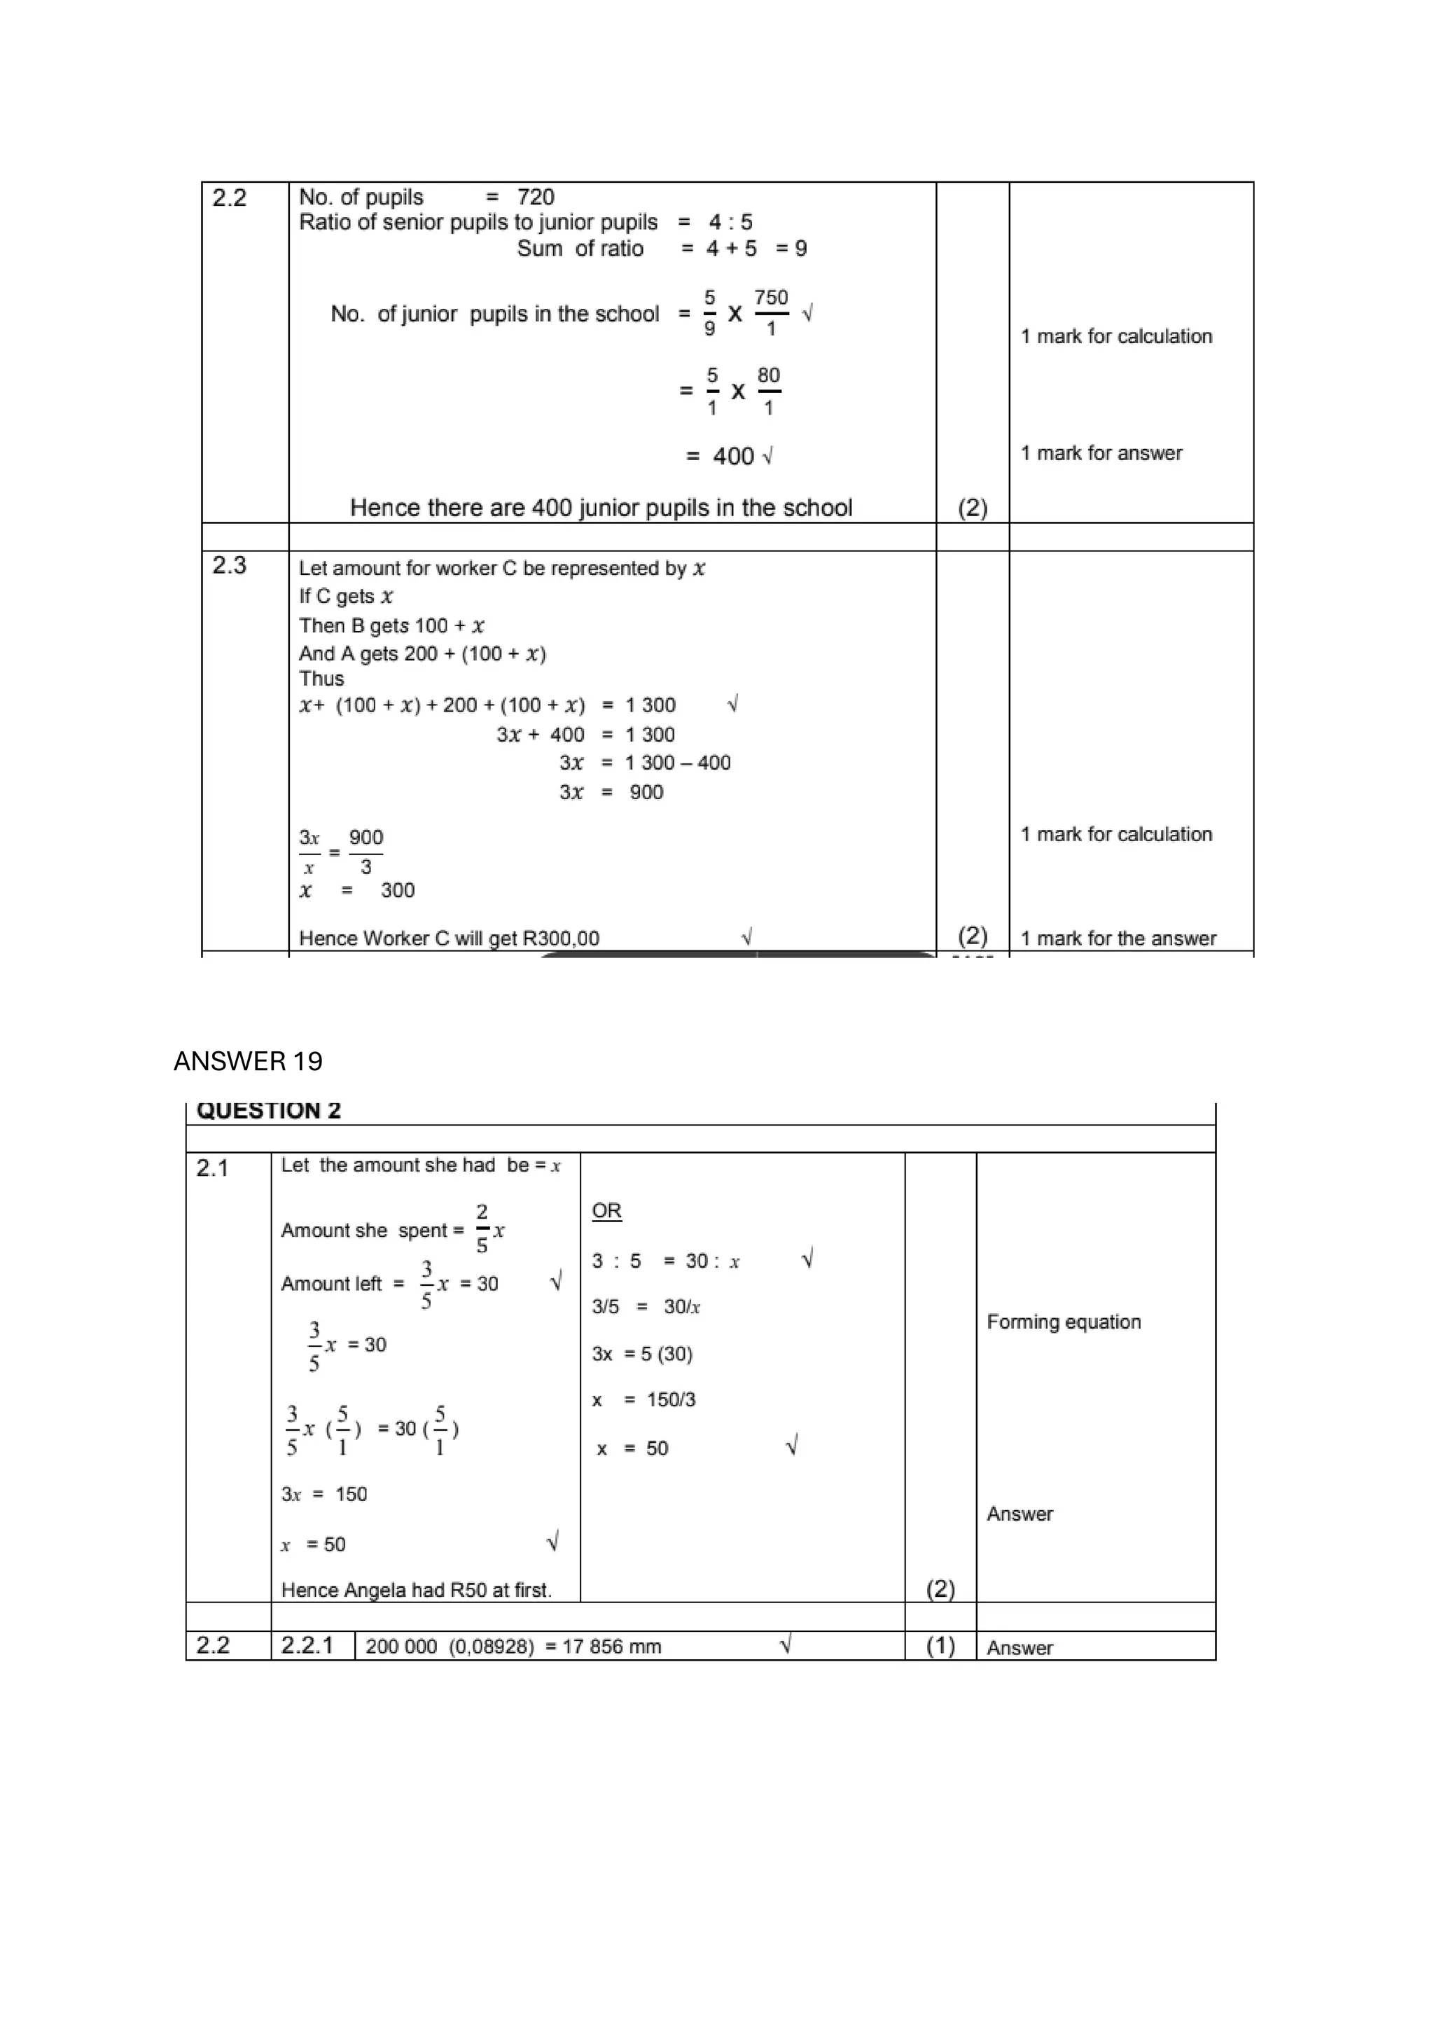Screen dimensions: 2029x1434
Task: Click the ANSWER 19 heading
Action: pos(249,1060)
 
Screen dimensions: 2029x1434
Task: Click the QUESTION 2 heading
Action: pos(269,1111)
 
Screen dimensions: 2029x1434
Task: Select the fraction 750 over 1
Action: pos(770,313)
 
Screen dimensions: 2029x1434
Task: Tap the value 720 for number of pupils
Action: pos(536,197)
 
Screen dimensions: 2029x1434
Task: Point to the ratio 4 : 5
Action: pos(730,222)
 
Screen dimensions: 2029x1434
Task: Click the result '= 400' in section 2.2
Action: pos(721,456)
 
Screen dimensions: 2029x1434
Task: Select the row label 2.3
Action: pos(230,566)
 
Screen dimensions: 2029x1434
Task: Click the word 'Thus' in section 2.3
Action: pos(321,679)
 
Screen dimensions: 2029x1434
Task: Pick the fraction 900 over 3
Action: pos(366,852)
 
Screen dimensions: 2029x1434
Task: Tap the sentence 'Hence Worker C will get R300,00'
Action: pos(449,939)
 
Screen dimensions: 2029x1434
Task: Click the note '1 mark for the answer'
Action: pos(1118,939)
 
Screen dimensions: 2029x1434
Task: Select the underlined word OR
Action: pos(606,1211)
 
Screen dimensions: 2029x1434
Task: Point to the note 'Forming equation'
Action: pos(1063,1322)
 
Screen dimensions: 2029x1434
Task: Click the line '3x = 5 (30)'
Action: pos(641,1354)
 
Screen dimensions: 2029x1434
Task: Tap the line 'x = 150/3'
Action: pos(643,1400)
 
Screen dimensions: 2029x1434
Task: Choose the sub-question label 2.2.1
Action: pos(307,1645)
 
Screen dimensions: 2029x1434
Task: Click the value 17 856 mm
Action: pos(611,1647)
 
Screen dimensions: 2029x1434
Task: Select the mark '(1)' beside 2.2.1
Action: pos(940,1645)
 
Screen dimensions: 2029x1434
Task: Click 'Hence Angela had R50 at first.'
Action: pos(416,1591)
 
